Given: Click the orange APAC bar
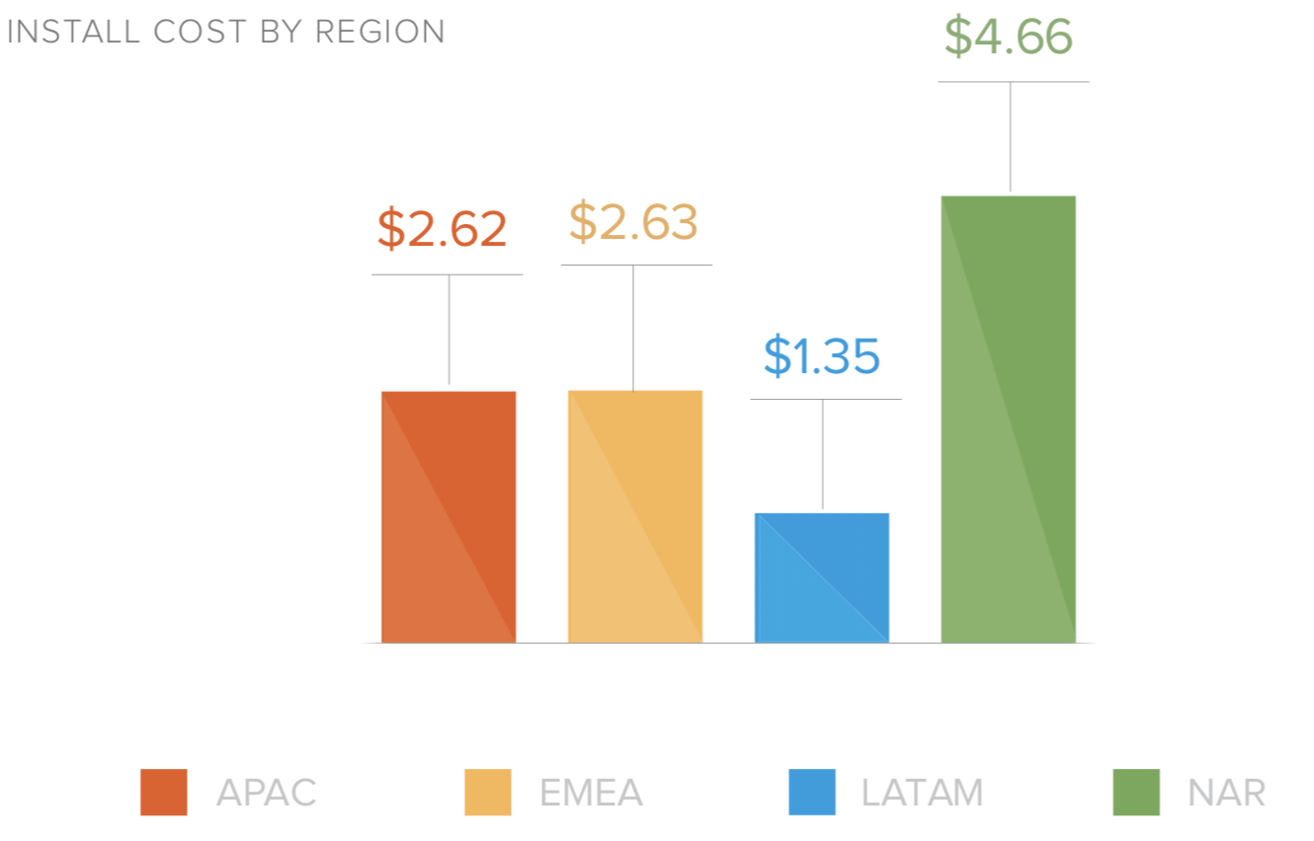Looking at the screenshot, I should [x=449, y=517].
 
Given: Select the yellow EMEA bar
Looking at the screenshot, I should [x=635, y=517].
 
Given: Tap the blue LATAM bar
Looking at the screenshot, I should [x=822, y=578].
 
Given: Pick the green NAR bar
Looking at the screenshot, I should [x=1009, y=420].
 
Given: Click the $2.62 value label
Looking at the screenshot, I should [x=442, y=229].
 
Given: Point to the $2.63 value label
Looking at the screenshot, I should [x=633, y=223].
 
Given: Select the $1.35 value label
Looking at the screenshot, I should [x=822, y=356].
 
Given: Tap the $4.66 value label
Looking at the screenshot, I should [x=1009, y=37].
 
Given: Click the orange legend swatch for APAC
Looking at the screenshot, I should [x=164, y=792].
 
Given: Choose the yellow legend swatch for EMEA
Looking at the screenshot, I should [x=488, y=792].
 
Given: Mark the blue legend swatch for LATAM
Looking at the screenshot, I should [x=812, y=792].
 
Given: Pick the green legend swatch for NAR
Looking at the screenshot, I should [x=1136, y=792].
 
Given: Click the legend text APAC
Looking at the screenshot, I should [x=267, y=793].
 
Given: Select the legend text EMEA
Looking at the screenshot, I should [x=591, y=793].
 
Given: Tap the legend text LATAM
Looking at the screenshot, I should [x=922, y=793].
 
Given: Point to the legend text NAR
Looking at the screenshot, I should [x=1226, y=793].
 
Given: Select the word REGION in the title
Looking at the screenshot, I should [x=380, y=32].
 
